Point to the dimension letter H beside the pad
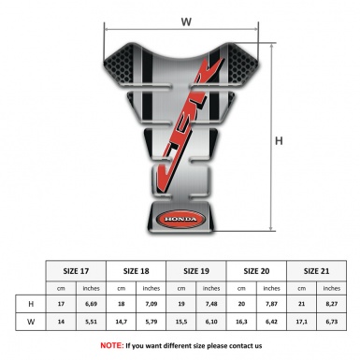pos(280,142)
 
